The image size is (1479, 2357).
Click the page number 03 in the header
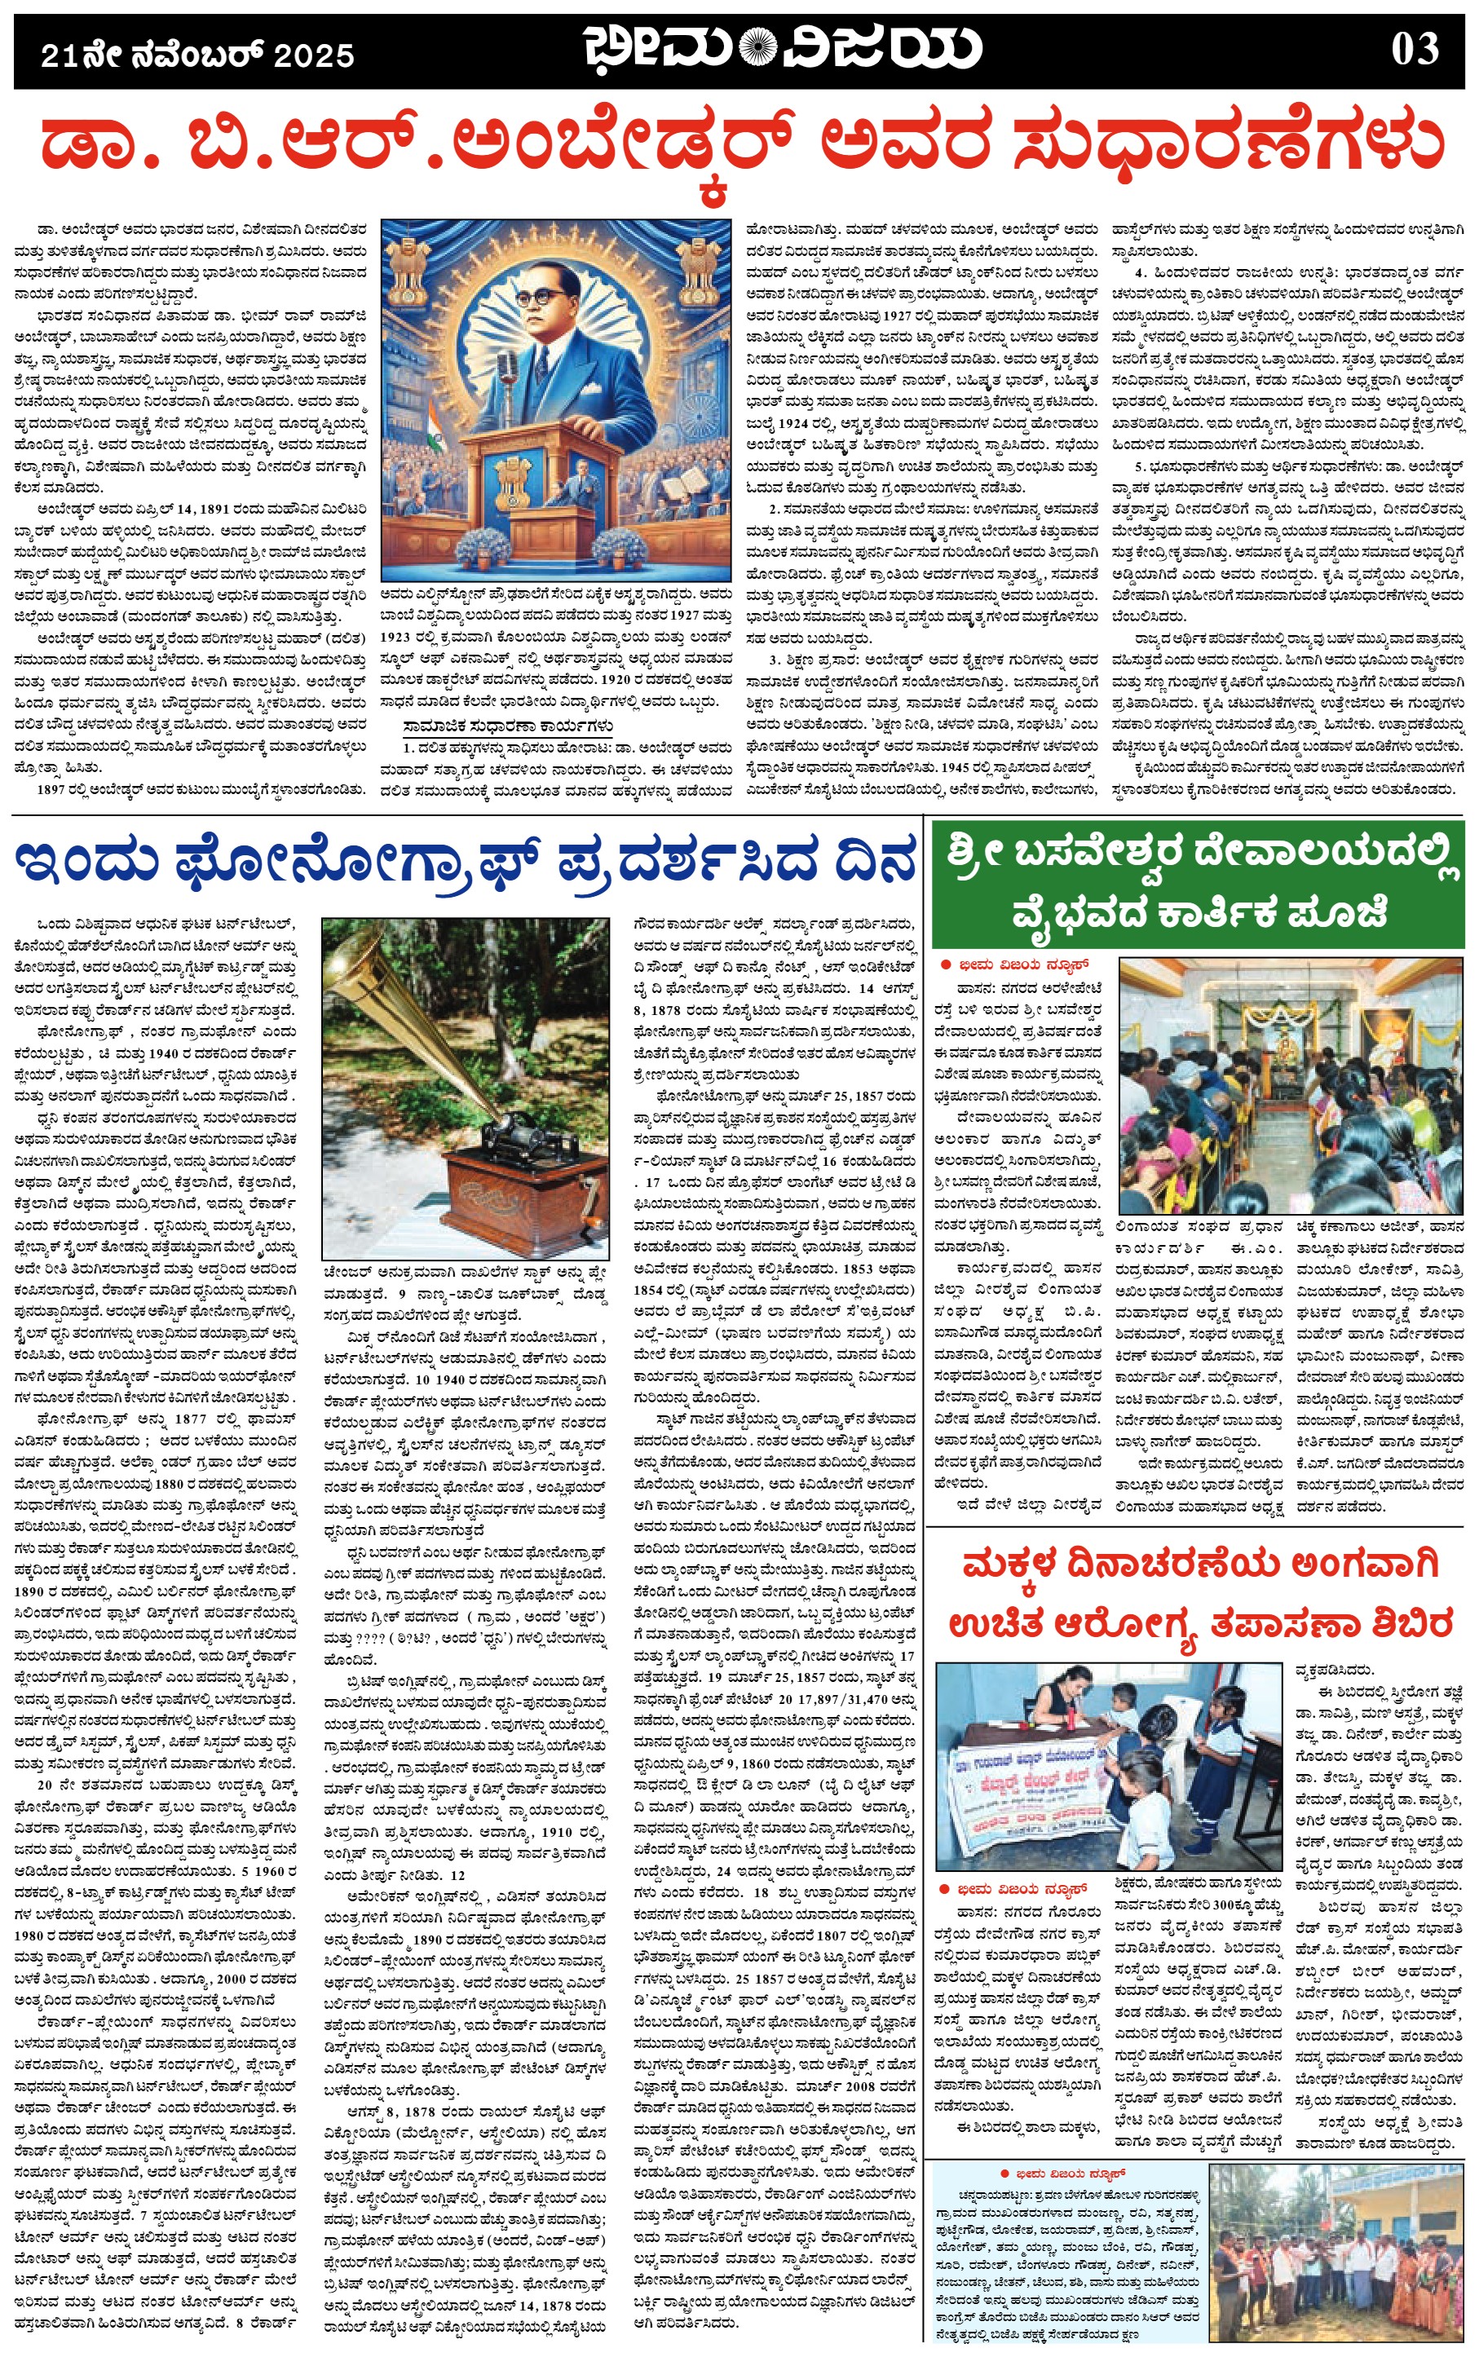(1415, 49)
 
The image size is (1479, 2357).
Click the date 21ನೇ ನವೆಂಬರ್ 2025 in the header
(196, 55)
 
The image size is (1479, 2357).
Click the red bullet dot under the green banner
(945, 964)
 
